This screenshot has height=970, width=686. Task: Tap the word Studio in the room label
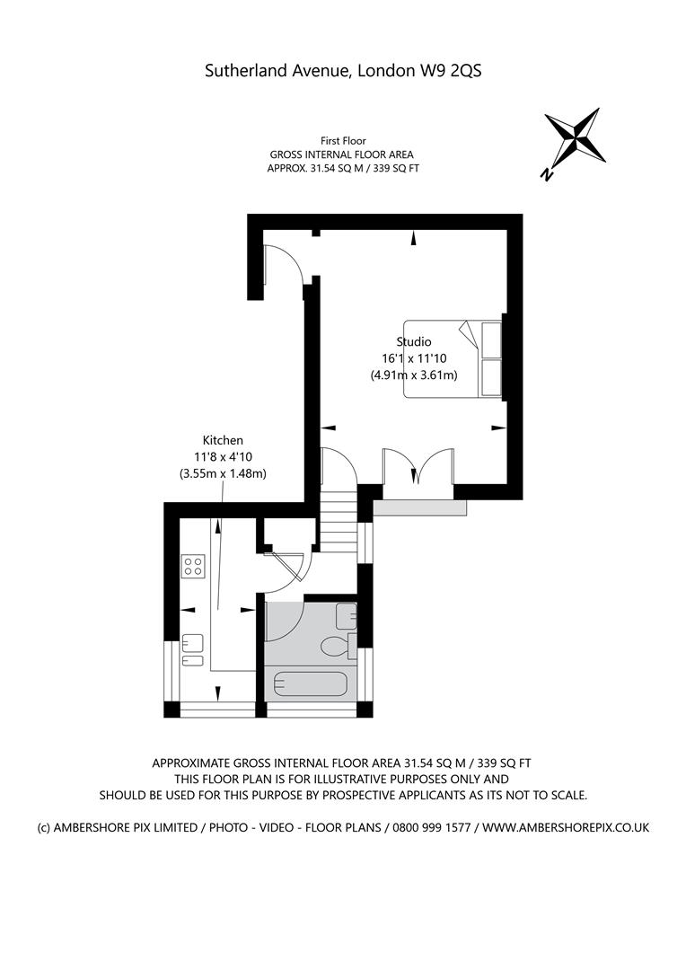(414, 341)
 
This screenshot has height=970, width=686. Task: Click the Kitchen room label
(223, 440)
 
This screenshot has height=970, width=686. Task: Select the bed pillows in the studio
(490, 358)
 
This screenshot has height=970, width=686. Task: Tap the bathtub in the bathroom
(310, 685)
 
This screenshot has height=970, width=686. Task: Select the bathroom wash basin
(347, 617)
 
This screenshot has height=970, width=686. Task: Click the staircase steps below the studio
(339, 516)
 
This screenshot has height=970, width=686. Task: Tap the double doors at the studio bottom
(418, 467)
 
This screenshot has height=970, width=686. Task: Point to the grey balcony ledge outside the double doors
(419, 507)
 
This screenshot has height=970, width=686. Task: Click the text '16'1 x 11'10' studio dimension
(414, 358)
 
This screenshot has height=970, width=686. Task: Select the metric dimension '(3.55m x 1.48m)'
(223, 473)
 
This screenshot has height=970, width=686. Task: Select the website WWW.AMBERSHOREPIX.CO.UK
(566, 827)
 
